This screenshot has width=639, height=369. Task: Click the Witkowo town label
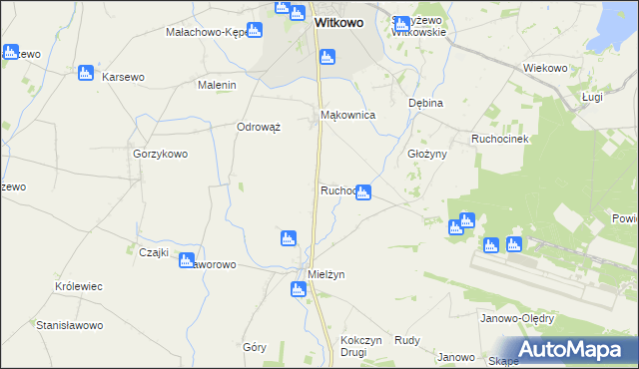pyautogui.click(x=337, y=21)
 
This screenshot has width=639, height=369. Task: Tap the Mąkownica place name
pyautogui.click(x=347, y=116)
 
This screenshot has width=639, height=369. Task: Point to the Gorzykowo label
pyautogui.click(x=161, y=155)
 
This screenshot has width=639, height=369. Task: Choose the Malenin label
pyautogui.click(x=217, y=86)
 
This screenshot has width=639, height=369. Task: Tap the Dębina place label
pyautogui.click(x=425, y=103)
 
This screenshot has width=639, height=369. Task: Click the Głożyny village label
pyautogui.click(x=427, y=155)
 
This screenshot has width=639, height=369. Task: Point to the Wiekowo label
pyautogui.click(x=545, y=68)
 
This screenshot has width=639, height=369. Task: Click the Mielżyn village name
pyautogui.click(x=326, y=273)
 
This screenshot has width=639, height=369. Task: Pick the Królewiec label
pyautogui.click(x=79, y=286)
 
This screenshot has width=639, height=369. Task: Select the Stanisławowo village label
pyautogui.click(x=70, y=325)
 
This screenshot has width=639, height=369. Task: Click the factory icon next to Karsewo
pyautogui.click(x=85, y=73)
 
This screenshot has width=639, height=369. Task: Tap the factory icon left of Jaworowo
pyautogui.click(x=186, y=260)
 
